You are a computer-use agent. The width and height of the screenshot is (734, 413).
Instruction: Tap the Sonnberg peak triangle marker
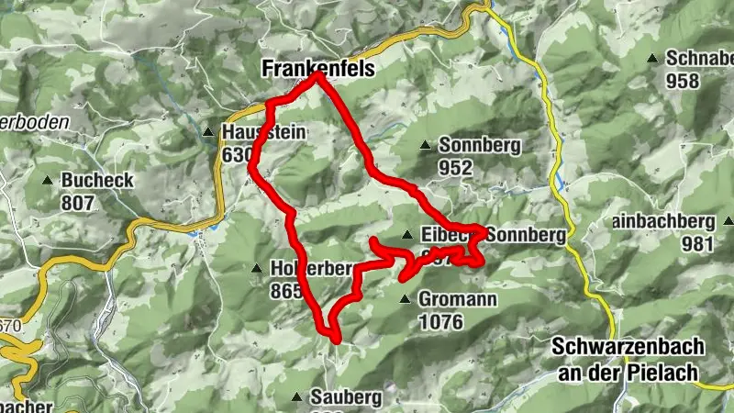tap(426, 145)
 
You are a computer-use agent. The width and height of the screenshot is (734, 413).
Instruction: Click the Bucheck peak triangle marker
tap(47, 179)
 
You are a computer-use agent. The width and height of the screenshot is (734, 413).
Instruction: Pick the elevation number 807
tap(78, 202)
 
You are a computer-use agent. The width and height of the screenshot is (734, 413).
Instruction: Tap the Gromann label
tap(457, 299)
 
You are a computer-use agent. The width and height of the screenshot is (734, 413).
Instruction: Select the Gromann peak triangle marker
tap(405, 299)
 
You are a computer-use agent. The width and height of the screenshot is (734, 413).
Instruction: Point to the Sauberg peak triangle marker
tap(295, 397)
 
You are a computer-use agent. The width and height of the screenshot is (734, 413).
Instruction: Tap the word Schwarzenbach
tap(628, 348)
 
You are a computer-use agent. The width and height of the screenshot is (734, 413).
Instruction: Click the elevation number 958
tap(683, 81)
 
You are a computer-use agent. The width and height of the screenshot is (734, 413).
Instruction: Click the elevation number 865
tap(286, 291)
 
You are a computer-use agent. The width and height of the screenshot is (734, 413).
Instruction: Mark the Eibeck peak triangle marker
tap(407, 235)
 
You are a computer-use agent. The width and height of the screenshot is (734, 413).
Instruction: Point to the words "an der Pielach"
tap(628, 372)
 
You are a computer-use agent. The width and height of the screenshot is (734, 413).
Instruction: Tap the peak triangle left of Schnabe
tap(652, 59)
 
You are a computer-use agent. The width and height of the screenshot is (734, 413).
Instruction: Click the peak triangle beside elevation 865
tap(256, 269)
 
